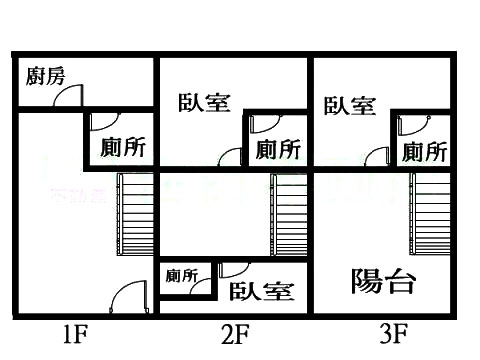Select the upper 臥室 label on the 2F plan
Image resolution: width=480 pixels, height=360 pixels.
pos(205,103)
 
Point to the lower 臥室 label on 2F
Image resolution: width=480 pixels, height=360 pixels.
pos(261,291)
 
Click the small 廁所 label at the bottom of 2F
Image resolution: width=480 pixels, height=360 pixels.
pos(183,275)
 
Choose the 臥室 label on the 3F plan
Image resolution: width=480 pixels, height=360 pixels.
pos(349,105)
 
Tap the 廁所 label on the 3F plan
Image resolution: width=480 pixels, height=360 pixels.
pos(424,152)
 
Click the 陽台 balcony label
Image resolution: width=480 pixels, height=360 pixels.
pos(383,282)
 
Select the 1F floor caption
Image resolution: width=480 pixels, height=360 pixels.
pos(73,333)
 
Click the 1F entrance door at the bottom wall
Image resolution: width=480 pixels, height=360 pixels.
pos(128,300)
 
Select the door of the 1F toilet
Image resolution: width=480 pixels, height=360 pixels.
pos(101,122)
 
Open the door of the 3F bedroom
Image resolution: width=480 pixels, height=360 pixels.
pos(378,157)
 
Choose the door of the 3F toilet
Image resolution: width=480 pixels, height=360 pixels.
pos(408,125)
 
